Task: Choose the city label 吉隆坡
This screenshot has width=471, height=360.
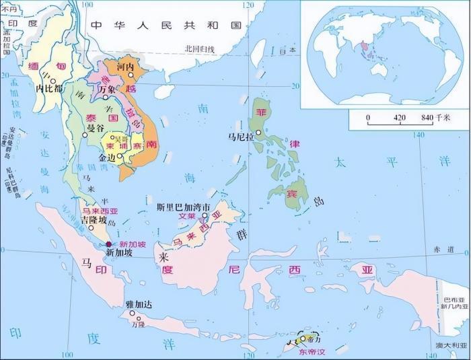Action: point(94,220)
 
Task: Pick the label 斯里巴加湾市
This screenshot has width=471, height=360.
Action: point(184,207)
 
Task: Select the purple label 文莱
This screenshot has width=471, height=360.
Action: point(186,217)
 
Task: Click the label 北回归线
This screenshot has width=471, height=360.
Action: point(199,48)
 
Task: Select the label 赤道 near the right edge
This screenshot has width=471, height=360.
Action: point(445,249)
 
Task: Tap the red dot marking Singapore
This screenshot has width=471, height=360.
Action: point(109,245)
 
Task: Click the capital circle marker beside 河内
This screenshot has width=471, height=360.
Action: point(132,75)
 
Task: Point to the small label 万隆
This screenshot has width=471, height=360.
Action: point(138,324)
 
